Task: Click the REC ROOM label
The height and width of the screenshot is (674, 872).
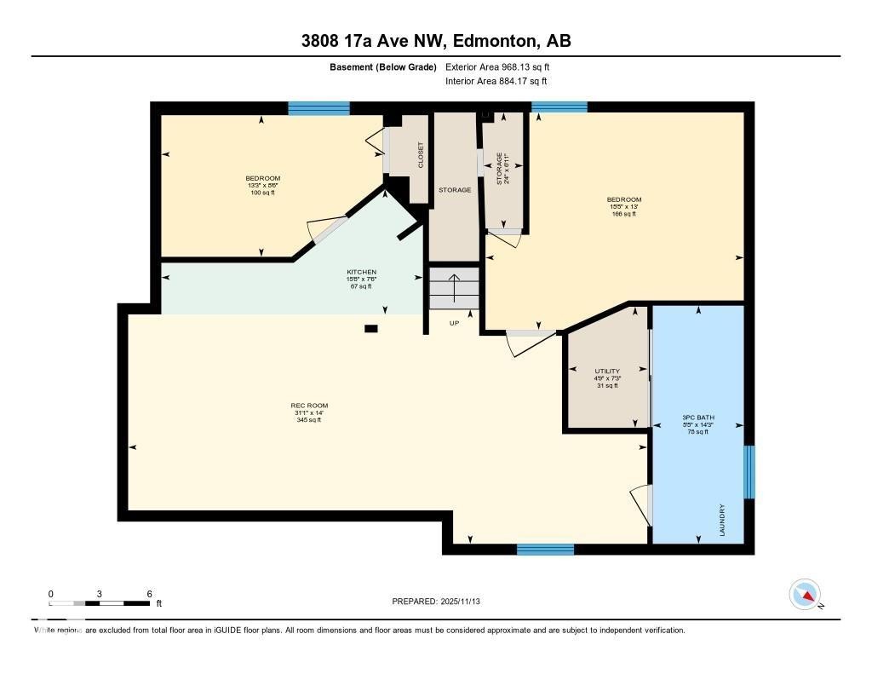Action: [x=309, y=406]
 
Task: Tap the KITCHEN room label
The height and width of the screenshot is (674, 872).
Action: [x=361, y=272]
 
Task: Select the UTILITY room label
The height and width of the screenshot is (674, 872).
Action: [x=607, y=372]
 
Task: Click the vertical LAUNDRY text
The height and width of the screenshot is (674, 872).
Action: [x=722, y=519]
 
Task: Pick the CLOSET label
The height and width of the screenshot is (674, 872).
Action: [x=420, y=155]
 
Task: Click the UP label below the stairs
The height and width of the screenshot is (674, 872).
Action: [x=456, y=324]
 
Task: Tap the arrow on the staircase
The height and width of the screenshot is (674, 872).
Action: [x=455, y=288]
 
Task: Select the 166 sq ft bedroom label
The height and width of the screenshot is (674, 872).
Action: [x=624, y=214]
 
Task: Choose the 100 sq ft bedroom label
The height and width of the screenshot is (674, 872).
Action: [x=262, y=193]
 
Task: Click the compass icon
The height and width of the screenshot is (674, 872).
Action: [x=805, y=594]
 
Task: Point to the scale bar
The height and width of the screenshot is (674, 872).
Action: [x=100, y=603]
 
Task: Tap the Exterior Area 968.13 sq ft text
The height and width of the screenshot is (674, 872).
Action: [x=504, y=66]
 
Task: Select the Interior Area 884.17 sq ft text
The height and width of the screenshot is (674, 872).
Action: [x=496, y=82]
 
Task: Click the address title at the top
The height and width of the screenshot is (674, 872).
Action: [x=436, y=41]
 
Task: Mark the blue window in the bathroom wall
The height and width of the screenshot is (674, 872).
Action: [x=749, y=472]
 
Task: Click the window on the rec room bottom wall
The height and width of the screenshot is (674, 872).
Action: [x=545, y=549]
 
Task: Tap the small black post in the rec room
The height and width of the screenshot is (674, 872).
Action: [x=370, y=328]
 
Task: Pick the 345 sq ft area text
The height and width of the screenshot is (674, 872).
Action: [x=309, y=419]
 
